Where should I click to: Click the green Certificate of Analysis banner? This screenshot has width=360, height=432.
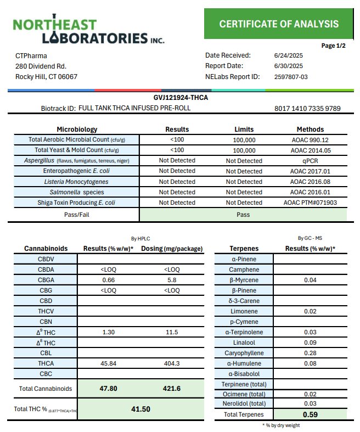coord(279,24)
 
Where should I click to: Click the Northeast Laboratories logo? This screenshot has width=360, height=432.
coord(88,32)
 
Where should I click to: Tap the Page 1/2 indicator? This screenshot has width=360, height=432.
coord(333,46)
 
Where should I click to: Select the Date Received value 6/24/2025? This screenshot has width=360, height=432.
coord(288,55)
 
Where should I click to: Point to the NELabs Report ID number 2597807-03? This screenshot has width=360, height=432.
coord(291,77)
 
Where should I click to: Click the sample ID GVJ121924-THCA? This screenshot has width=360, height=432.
coord(181,98)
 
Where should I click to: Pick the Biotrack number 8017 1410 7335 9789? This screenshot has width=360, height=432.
coord(307,109)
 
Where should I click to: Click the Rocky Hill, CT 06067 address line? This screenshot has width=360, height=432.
coord(46,77)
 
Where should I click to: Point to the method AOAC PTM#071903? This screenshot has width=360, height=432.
coord(310,203)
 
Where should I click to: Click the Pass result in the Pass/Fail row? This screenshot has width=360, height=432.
coord(244,215)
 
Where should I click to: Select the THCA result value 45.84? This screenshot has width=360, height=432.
coord(108,363)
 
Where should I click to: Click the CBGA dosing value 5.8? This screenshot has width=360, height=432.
coord(172,280)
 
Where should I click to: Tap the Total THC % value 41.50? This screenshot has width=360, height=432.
coord(140,409)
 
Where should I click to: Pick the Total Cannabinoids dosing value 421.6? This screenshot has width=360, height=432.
coord(172,388)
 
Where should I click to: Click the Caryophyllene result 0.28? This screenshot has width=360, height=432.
coord(310,353)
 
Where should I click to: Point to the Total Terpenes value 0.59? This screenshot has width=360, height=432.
coord(310,414)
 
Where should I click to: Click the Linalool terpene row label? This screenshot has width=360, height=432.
coord(244,343)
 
